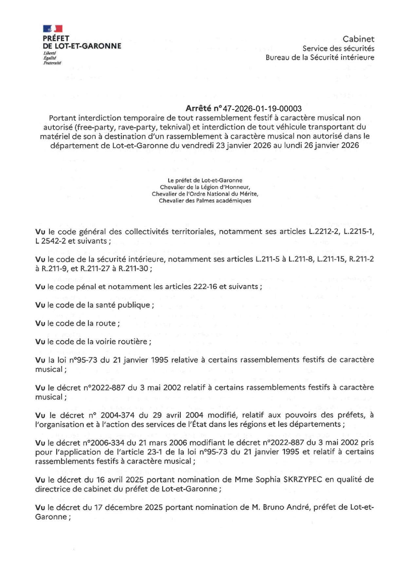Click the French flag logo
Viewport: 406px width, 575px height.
[53, 29]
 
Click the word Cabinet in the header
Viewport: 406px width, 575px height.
[358, 39]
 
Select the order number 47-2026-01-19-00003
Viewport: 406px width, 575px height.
[262, 109]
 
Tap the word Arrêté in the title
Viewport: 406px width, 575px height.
[198, 109]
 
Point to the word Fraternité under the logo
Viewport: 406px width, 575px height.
[52, 63]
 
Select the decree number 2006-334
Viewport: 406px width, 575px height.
[103, 443]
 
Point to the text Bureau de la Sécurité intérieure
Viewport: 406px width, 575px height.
[320, 57]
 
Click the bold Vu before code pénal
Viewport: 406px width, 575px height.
[40, 287]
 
